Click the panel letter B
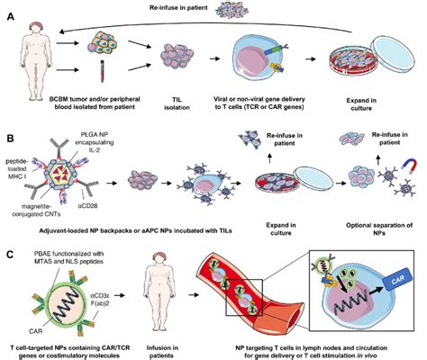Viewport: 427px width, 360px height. (10, 138)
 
